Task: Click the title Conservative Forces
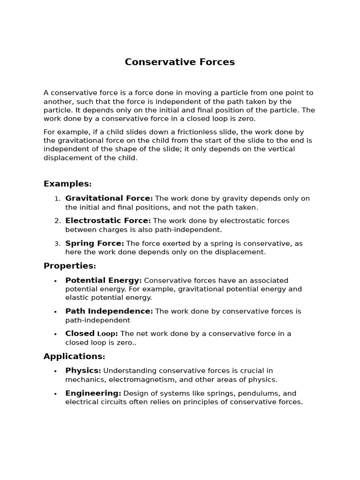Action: point(180,62)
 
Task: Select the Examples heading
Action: point(67,184)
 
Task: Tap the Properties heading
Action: point(69,266)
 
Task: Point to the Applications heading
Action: point(74,356)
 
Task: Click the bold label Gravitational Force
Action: point(109,198)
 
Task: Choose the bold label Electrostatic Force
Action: point(108,221)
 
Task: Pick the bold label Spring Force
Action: point(94,243)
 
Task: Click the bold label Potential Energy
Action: point(103,280)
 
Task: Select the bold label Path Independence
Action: point(109,311)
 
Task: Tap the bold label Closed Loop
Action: point(91,334)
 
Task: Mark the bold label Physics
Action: point(83,371)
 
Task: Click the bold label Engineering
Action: point(93,393)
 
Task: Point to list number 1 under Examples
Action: point(57,199)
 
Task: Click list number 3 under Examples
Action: point(57,244)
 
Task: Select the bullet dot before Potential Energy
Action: point(55,281)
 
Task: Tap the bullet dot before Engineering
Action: point(55,394)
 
